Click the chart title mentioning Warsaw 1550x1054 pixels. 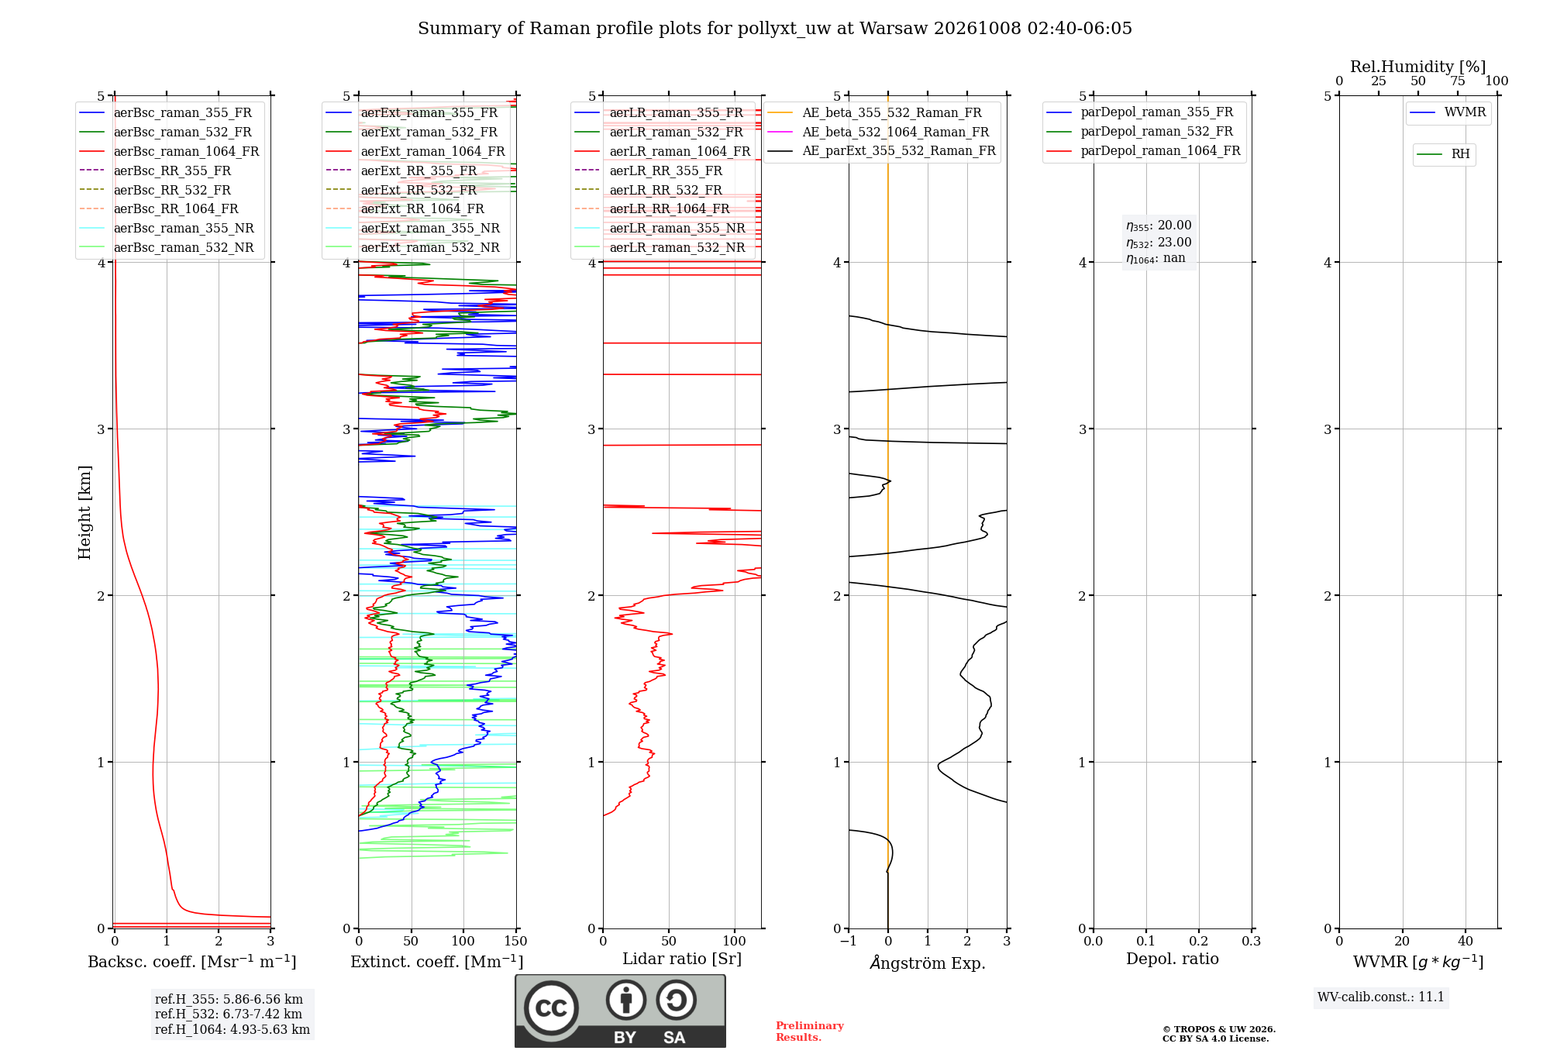click(775, 29)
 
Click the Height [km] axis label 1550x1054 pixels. click(84, 512)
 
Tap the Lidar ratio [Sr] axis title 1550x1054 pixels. click(682, 959)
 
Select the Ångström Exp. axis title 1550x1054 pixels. click(928, 963)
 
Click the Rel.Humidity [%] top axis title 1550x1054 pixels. click(1418, 67)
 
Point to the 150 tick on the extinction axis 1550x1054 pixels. click(516, 942)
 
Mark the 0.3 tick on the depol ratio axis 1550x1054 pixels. click(1251, 942)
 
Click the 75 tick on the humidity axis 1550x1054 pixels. click(1458, 81)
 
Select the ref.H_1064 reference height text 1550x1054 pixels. click(232, 1030)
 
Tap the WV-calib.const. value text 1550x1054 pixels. click(1381, 997)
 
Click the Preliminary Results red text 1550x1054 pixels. click(810, 1032)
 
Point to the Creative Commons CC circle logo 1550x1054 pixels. click(551, 1008)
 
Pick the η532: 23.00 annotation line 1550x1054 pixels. click(1159, 243)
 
